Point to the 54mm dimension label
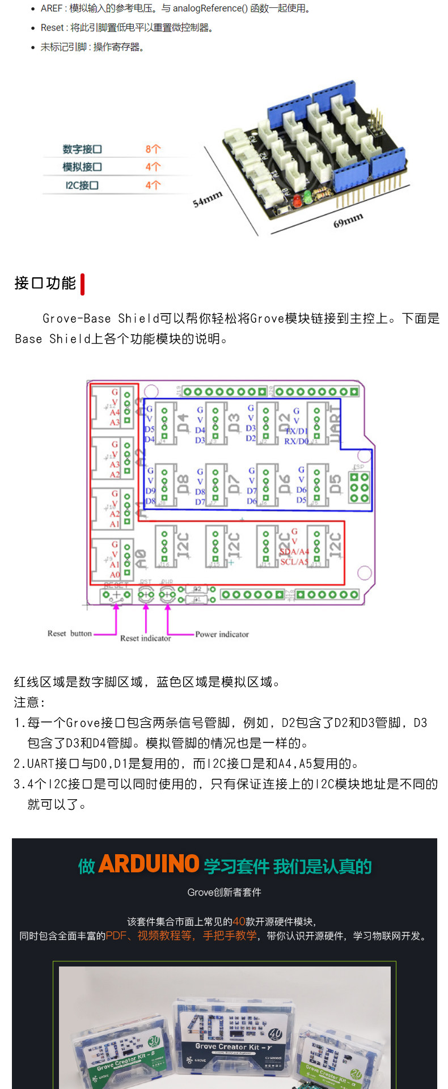208,199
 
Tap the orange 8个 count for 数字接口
153,149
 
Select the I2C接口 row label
82,185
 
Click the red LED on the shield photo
296,200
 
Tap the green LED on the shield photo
307,196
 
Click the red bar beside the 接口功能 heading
83,284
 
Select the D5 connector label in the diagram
336,484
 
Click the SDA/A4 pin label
294,552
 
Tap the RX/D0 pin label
297,441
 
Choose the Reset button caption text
69,634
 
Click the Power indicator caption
222,634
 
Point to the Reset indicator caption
145,639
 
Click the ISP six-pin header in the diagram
360,487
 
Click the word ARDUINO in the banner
149,864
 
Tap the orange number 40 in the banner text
239,922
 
